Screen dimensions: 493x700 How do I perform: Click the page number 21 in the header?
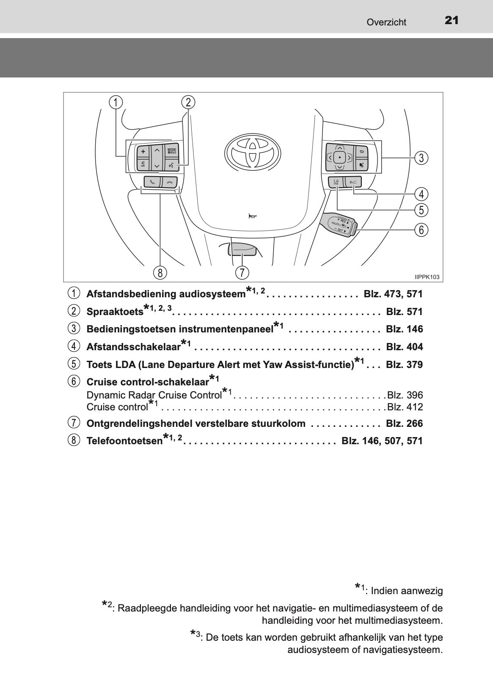click(452, 21)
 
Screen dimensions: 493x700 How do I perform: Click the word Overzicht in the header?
click(386, 22)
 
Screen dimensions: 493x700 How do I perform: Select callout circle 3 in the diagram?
click(421, 158)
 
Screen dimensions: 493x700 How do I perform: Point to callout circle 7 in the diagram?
click(242, 272)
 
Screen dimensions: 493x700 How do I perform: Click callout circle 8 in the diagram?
click(160, 273)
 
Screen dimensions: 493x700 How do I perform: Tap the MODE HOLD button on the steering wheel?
click(172, 151)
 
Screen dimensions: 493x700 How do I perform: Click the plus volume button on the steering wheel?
click(143, 152)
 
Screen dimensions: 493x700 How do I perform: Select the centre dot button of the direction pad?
click(339, 158)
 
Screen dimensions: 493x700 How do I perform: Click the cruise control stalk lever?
click(339, 224)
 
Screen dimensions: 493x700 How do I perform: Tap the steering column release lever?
click(242, 250)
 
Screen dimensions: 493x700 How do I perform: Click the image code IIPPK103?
click(427, 277)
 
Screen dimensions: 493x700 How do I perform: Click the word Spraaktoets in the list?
click(115, 312)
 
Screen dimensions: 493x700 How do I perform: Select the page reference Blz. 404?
click(404, 346)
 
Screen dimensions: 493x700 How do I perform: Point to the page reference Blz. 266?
click(404, 423)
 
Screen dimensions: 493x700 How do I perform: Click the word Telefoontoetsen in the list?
click(124, 441)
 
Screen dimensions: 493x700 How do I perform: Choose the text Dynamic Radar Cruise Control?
click(154, 395)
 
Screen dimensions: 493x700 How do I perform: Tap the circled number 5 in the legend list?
click(73, 364)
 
